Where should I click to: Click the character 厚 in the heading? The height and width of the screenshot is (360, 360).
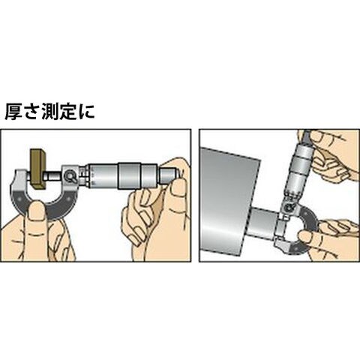[x=13, y=111]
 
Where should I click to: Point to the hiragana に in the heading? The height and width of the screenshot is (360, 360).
[x=85, y=111]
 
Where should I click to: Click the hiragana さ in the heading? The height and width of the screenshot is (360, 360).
[x=32, y=111]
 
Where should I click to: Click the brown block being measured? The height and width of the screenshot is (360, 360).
[x=38, y=169]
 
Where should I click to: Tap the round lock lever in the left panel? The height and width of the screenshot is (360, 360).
[x=70, y=176]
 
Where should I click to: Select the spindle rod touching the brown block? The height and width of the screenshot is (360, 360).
[x=54, y=175]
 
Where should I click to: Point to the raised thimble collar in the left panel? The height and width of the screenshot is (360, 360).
[x=129, y=175]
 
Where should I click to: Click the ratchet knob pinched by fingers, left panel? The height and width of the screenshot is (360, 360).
[x=168, y=176]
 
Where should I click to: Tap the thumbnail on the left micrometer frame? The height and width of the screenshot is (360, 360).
[x=37, y=211]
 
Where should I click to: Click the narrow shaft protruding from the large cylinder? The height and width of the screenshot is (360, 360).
[x=263, y=223]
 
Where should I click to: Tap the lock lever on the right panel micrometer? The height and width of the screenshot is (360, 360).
[x=289, y=207]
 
